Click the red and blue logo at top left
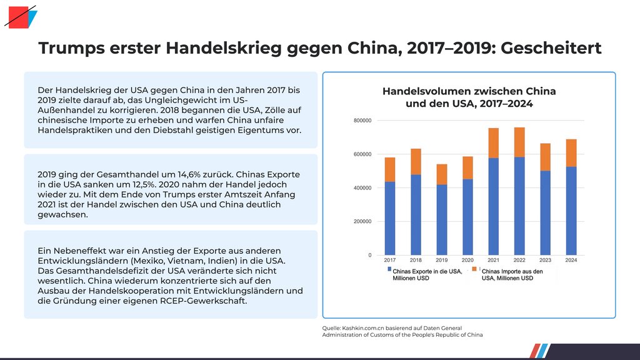coord(21,17)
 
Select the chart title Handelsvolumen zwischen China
coord(469,91)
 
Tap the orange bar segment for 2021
coord(494,143)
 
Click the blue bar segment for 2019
coord(441,219)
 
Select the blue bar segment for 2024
coord(571,211)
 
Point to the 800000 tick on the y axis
coord(362,121)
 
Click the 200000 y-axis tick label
coord(362,222)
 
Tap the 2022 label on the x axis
coord(519,260)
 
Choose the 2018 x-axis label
coord(416,260)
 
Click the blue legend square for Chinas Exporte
coord(389,269)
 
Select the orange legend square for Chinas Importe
coord(474,269)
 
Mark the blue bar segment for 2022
coord(519,206)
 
